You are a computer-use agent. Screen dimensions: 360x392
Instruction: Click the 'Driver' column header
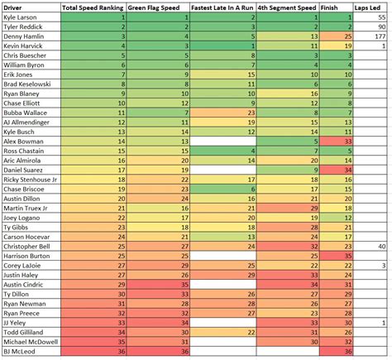click(x=17, y=7)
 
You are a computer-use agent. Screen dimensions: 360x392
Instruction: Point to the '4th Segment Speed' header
click(x=288, y=7)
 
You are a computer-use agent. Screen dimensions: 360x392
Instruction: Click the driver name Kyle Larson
click(x=22, y=17)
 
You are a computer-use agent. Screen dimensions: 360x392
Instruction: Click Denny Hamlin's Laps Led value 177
click(x=381, y=36)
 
